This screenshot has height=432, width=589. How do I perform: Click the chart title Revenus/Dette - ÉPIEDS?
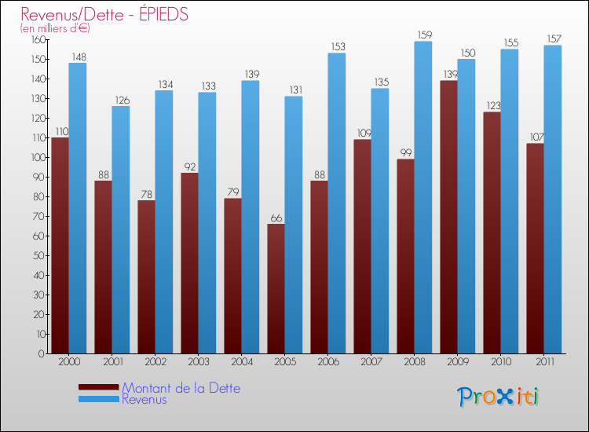104,14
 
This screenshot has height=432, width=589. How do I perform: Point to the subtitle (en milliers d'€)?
55,28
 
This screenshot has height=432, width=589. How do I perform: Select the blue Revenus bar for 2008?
423,196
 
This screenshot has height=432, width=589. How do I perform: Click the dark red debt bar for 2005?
276,288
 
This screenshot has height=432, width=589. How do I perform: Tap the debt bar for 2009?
448,217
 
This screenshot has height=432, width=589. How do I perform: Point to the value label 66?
276,218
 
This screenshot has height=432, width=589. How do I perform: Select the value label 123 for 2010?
492,105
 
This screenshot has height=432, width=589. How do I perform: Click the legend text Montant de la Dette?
181,388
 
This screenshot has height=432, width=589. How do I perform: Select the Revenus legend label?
145,399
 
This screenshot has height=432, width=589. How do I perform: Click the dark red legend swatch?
98,387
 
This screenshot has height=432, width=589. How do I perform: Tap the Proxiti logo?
498,397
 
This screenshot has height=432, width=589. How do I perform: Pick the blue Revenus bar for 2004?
251,217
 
